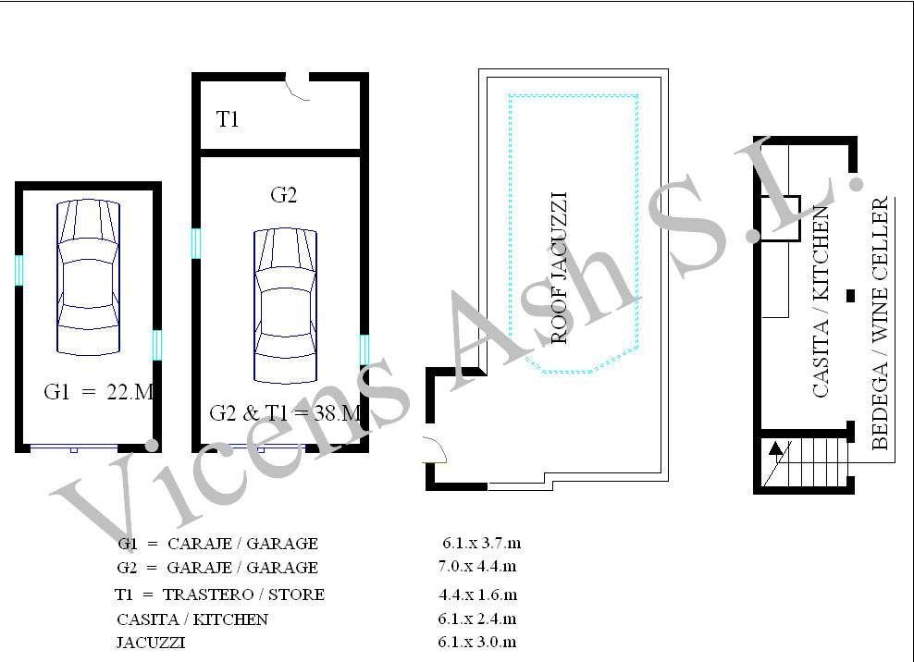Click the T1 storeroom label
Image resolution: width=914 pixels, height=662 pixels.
pyautogui.click(x=228, y=119)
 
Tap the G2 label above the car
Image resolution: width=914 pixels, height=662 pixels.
pyautogui.click(x=284, y=195)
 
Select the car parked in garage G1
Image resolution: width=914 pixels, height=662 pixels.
pyautogui.click(x=89, y=277)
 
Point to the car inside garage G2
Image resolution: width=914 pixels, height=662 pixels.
pyautogui.click(x=286, y=306)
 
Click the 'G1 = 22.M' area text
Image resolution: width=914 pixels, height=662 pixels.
pyautogui.click(x=98, y=392)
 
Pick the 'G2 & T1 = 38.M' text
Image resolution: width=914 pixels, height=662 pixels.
pyautogui.click(x=285, y=413)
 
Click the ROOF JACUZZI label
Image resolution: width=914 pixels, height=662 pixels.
pyautogui.click(x=559, y=268)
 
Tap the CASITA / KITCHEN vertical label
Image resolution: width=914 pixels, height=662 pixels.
pyautogui.click(x=821, y=301)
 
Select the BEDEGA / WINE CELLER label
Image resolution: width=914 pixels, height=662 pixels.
pyautogui.click(x=880, y=323)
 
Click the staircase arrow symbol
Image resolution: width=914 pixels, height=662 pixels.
pyautogui.click(x=776, y=448)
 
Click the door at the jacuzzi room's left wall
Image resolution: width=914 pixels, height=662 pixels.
pyautogui.click(x=435, y=450)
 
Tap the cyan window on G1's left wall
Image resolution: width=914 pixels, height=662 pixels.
pyautogui.click(x=19, y=270)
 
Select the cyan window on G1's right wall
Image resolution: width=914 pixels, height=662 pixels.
pyautogui.click(x=156, y=345)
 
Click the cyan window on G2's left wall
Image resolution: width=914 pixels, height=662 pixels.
pyautogui.click(x=196, y=243)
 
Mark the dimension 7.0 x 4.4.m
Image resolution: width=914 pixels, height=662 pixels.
pyautogui.click(x=477, y=566)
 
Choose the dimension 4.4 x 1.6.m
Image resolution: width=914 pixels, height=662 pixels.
pyautogui.click(x=478, y=595)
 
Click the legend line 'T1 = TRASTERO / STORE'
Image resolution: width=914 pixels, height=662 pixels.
pyautogui.click(x=220, y=595)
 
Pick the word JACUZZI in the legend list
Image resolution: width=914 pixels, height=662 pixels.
pyautogui.click(x=151, y=643)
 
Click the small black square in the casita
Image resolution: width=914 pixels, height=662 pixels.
pyautogui.click(x=850, y=296)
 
